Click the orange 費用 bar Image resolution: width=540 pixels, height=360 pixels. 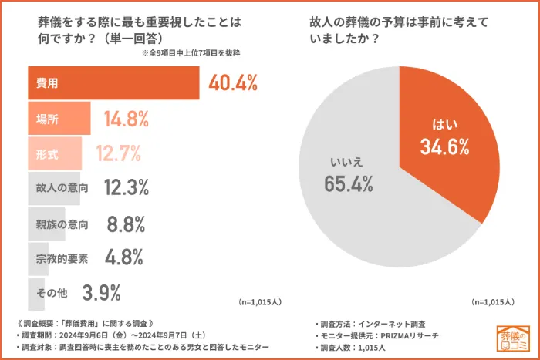114,83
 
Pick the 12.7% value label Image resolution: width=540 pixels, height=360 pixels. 121,153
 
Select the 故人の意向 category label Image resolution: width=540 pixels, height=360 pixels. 62,187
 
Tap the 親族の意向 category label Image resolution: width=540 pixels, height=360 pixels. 62,224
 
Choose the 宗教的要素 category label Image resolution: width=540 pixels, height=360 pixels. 62,258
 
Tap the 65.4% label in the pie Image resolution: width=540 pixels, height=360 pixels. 349,183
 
